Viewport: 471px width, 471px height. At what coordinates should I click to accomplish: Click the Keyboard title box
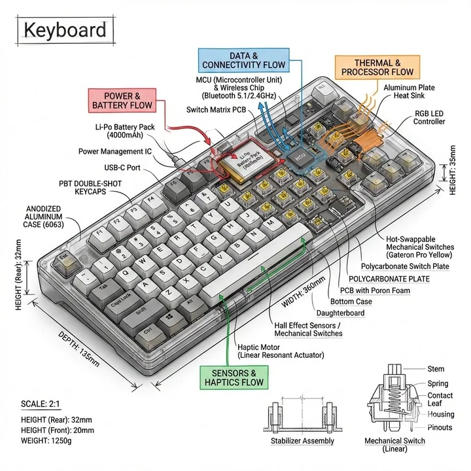[x=63, y=31]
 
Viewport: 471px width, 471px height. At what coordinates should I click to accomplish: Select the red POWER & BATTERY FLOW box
[x=122, y=100]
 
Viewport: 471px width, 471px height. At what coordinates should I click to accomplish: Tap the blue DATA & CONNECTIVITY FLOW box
[x=243, y=60]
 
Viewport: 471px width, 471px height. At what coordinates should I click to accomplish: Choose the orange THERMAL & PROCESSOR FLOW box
[x=377, y=67]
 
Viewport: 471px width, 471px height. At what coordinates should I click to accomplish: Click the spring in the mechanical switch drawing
[x=393, y=404]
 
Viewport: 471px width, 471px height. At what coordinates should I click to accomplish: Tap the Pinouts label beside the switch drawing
[x=440, y=427]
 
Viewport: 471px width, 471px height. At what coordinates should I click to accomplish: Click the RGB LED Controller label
[x=428, y=118]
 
